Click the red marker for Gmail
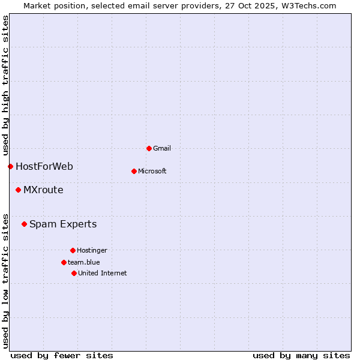149,148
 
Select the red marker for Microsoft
134,171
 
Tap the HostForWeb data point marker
10,166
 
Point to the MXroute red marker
18,190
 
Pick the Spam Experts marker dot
24,224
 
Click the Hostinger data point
73,250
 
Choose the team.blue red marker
64,262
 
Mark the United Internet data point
74,273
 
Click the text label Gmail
162,148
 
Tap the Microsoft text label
152,171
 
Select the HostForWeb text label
44,166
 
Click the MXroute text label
43,190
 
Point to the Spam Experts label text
63,224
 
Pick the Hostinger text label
92,250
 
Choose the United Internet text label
103,273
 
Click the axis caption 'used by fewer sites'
62,355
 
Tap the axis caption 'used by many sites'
301,355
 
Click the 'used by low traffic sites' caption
5,281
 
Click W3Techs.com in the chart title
307,5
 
